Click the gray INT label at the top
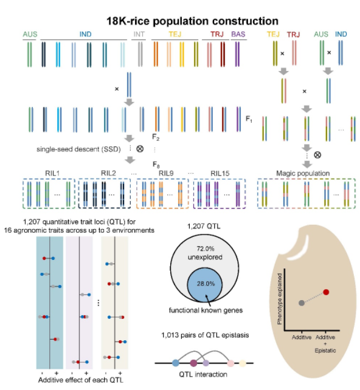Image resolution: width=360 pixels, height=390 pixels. coord(139,34)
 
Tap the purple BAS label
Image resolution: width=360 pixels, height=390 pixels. coord(238,34)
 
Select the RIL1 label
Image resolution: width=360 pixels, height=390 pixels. coord(52,173)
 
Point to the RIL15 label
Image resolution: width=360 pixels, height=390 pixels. coord(220,173)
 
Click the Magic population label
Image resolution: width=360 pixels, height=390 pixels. coord(303,173)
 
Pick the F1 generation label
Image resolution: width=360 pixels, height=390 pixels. coord(249,119)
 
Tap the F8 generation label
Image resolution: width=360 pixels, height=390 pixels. coord(156,165)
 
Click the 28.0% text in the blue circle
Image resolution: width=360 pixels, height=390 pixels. coord(206,284)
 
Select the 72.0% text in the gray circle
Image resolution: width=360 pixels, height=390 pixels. coord(206,248)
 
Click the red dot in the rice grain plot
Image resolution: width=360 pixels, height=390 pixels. coord(326,292)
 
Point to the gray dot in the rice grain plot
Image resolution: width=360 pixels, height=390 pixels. coord(302,303)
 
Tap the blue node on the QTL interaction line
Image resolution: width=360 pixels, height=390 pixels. coord(176,363)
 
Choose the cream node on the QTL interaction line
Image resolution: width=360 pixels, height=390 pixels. coord(243,363)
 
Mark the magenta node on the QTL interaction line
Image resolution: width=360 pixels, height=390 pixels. coord(193,363)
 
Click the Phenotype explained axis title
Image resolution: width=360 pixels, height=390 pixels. coord(280,299)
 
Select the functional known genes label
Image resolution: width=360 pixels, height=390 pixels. coord(206,310)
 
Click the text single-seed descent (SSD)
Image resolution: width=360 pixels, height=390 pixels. coord(78,149)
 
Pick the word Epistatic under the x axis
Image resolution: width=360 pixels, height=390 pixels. coord(325,351)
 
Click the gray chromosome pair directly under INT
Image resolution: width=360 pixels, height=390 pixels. coord(140,54)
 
